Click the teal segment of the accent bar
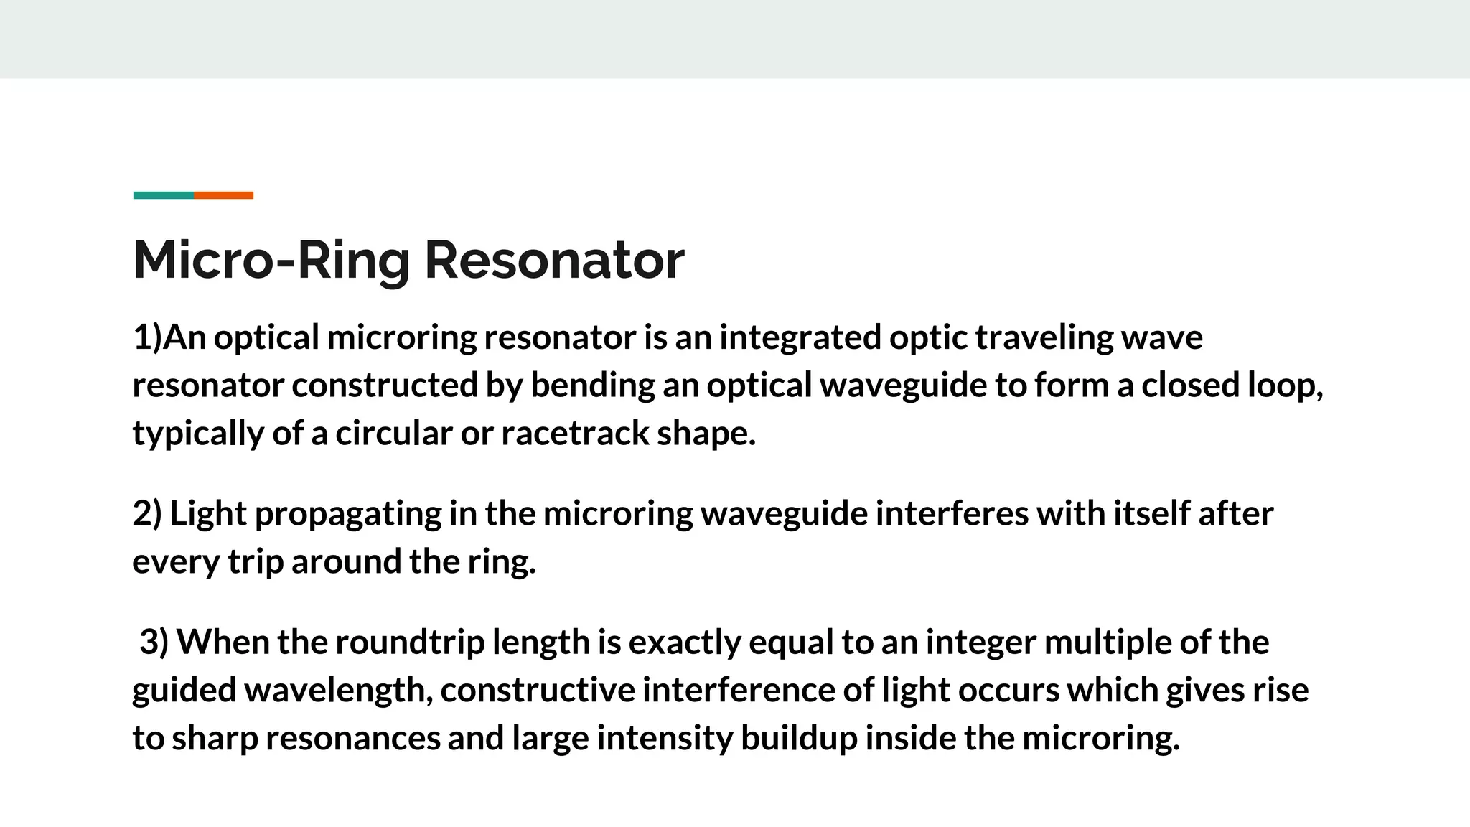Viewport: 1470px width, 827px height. point(163,195)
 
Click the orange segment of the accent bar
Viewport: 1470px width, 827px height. point(223,195)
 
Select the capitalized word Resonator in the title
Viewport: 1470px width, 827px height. point(554,260)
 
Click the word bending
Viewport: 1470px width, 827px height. point(592,386)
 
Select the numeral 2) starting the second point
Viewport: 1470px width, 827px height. point(147,514)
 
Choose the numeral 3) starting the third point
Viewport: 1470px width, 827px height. point(154,642)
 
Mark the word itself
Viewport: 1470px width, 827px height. point(1151,514)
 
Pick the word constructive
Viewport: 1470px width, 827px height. point(538,690)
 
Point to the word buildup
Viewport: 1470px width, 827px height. point(799,738)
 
